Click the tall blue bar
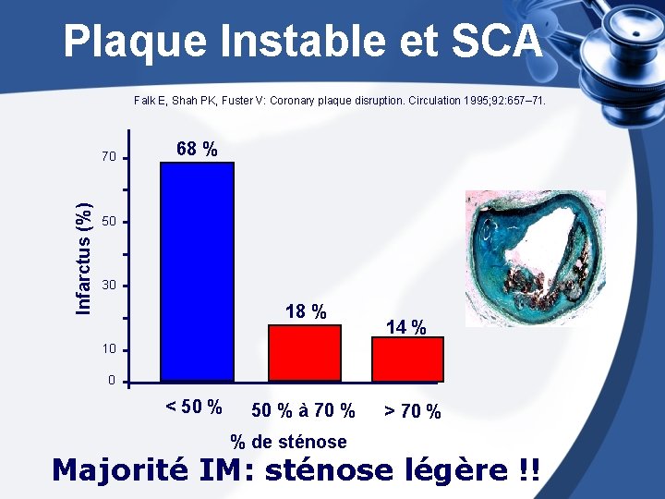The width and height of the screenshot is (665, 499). (197, 272)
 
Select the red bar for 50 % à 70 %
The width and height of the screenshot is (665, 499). (304, 353)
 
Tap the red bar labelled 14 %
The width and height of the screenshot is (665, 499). (407, 359)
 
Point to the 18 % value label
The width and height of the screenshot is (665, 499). (306, 312)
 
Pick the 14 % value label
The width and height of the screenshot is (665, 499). (406, 327)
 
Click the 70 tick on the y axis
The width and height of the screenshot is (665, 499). (110, 157)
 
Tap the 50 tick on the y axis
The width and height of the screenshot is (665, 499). (110, 223)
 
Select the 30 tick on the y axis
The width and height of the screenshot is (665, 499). (110, 286)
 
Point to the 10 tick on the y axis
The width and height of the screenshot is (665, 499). (110, 350)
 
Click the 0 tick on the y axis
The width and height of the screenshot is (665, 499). (112, 381)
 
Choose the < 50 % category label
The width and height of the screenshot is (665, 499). (193, 407)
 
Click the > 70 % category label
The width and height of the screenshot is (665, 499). (412, 411)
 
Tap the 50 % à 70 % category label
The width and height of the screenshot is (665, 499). (303, 410)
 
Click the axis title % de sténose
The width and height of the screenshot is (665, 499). (288, 442)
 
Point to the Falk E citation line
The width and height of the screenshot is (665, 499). (339, 99)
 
